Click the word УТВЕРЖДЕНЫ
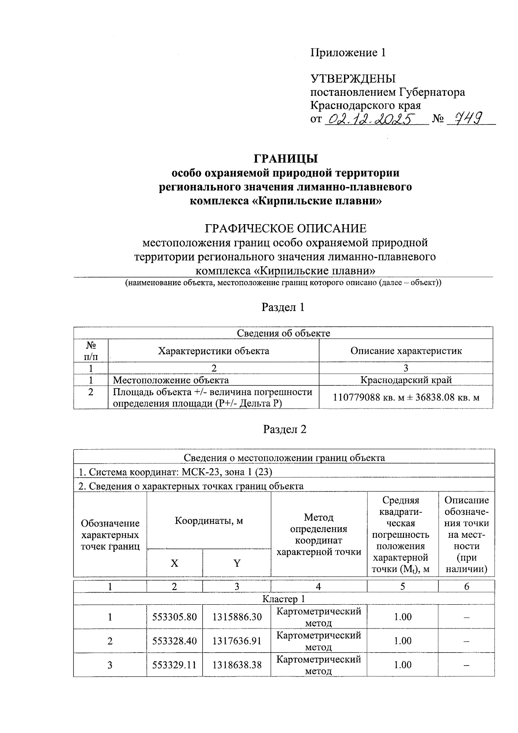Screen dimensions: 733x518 [x=353, y=79]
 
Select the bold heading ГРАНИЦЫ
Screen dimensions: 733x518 [x=285, y=159]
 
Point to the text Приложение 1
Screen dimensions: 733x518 [x=348, y=53]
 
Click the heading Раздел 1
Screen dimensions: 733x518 [x=283, y=307]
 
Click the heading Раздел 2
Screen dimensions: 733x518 [x=284, y=429]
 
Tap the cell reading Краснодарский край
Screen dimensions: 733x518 [x=406, y=380]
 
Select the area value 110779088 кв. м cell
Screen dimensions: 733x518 [x=406, y=397]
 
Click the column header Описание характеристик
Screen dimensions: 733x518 [x=406, y=351]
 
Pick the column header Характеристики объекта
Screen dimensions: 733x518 [x=213, y=351]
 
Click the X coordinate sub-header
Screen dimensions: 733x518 [x=174, y=563]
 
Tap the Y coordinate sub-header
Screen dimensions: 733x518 [x=237, y=563]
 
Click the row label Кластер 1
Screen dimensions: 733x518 [x=284, y=599]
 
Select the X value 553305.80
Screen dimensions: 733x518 [x=174, y=617]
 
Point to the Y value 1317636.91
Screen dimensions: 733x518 [x=237, y=641]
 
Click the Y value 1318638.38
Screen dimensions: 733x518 [x=237, y=665]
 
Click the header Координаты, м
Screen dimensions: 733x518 [x=208, y=520]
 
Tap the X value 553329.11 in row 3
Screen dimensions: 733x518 [x=174, y=665]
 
